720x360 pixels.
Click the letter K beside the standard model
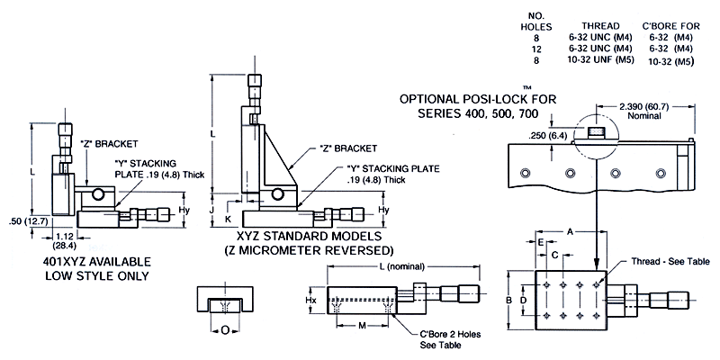(229, 218)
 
